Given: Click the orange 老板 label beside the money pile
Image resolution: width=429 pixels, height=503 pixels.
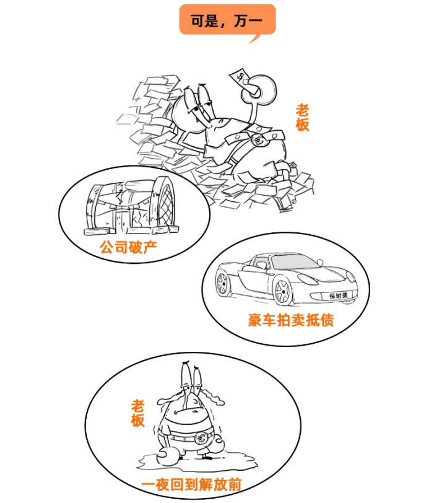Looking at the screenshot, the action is [x=302, y=116].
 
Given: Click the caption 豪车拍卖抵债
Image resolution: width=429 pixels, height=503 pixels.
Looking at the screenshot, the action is [x=291, y=320].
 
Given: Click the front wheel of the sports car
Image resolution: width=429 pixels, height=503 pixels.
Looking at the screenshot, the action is [x=282, y=291].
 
